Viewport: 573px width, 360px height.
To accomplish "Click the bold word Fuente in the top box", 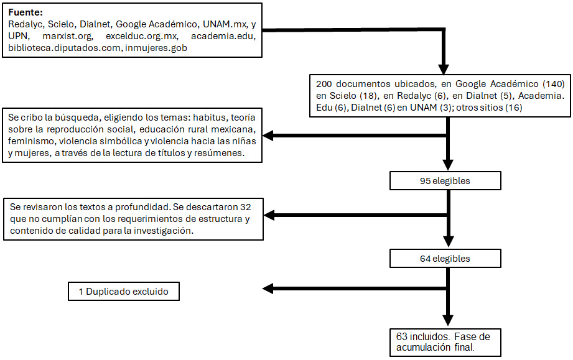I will tap(25, 12).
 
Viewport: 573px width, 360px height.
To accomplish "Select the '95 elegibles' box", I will tap(445, 181).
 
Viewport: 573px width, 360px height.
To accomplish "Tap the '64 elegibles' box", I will tap(445, 258).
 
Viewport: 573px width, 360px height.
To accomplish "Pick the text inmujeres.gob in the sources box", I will tap(159, 49).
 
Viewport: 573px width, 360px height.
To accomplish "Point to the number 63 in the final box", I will tap(402, 336).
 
